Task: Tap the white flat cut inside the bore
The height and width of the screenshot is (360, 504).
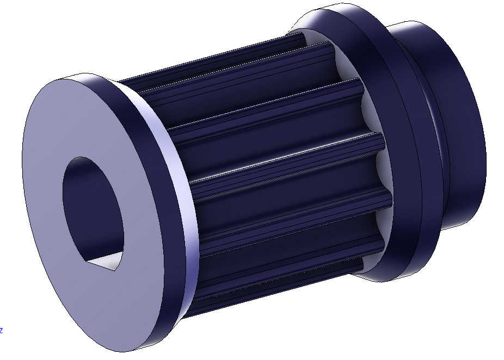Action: click(x=109, y=263)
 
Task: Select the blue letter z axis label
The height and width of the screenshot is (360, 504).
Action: click(x=2, y=330)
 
